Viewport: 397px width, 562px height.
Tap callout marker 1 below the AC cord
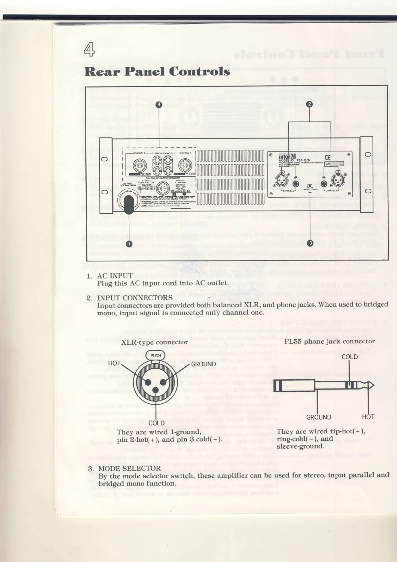pos(129,244)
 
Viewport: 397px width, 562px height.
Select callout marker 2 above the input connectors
pos(309,104)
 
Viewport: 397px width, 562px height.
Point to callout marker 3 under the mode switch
pos(310,243)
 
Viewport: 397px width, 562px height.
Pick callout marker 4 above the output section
pos(159,104)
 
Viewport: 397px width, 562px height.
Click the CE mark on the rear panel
pos(327,158)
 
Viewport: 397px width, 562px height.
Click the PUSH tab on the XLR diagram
pos(156,355)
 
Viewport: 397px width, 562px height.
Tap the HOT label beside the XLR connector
pos(114,363)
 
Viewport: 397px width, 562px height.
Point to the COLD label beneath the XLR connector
pos(156,423)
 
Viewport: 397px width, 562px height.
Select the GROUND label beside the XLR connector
pos(204,364)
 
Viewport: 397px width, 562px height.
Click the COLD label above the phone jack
pos(349,357)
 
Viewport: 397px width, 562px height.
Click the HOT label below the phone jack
pos(368,417)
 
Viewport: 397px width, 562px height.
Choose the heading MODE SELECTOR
pos(129,468)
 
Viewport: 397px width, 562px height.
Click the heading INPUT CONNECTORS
pos(135,298)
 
